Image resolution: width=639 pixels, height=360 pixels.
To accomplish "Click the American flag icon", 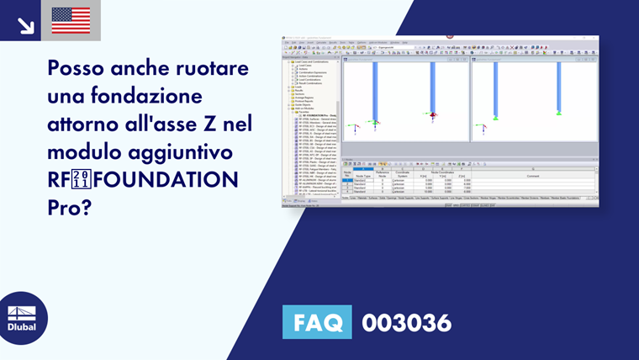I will coord(71,20).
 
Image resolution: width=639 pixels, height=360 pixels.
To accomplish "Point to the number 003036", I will coord(406,322).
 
